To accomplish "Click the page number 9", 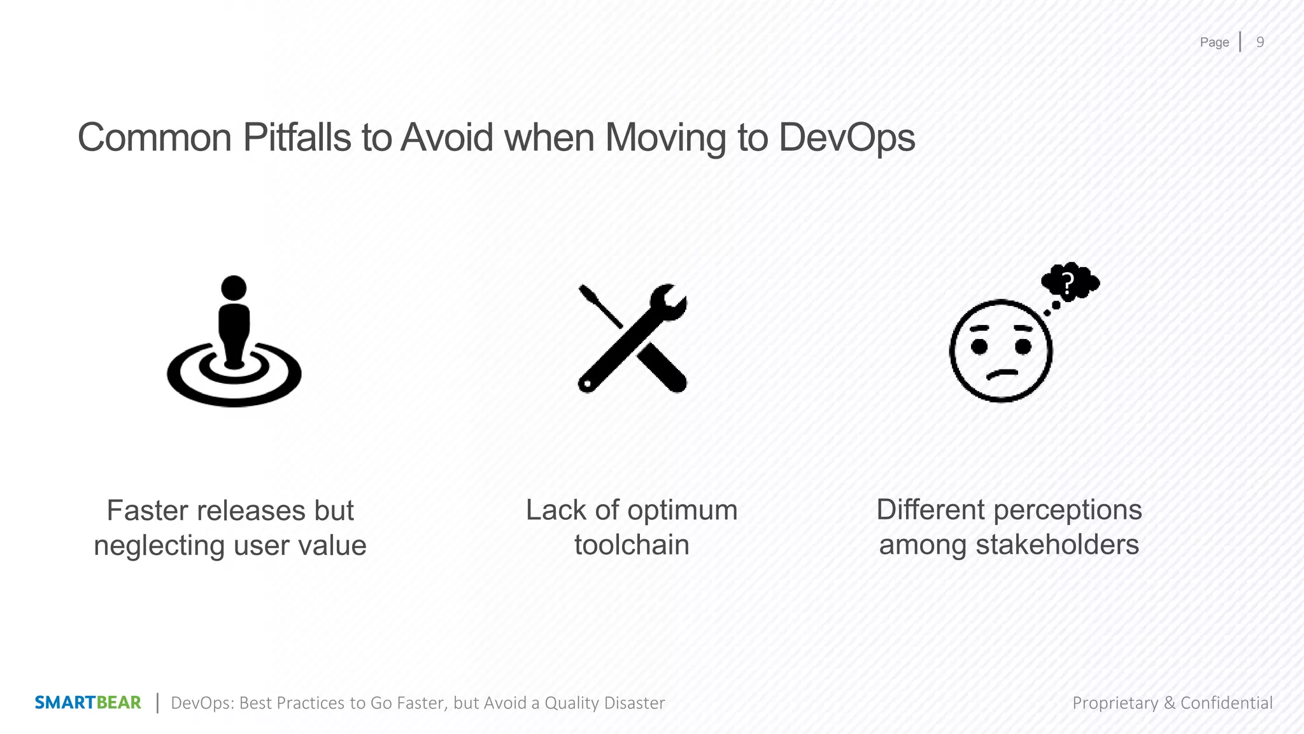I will [1259, 42].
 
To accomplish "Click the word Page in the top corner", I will [1214, 42].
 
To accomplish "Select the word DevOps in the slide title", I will [846, 138].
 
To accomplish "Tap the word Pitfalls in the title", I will [297, 138].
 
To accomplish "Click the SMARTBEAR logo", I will [88, 703].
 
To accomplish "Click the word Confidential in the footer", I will [1226, 703].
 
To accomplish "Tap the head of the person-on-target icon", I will [234, 288].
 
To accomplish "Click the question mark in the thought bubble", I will [1068, 282].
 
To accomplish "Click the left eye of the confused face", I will [979, 347].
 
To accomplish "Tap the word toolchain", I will [632, 545].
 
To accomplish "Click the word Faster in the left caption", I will [147, 511].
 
